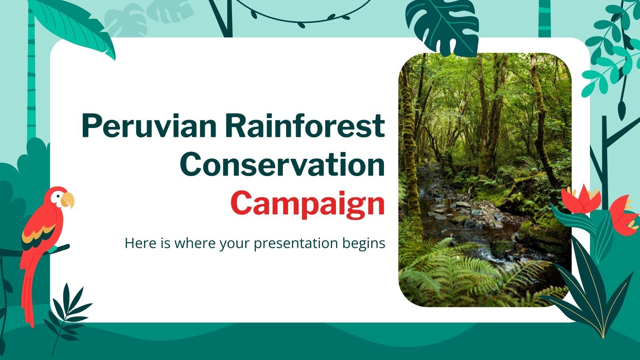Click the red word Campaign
307,204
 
